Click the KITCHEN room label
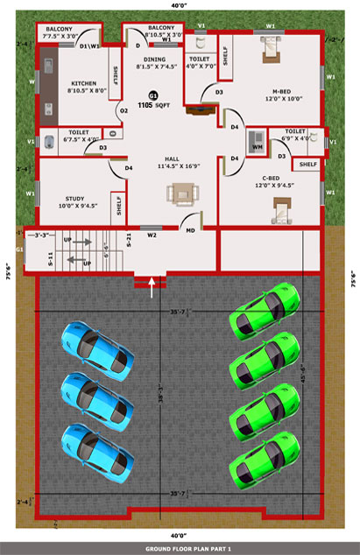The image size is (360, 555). pos(88,84)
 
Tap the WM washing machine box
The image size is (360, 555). pos(257,147)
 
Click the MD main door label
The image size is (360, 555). pos(190,230)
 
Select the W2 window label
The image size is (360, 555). pos(152,235)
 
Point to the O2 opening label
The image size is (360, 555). pos(124,110)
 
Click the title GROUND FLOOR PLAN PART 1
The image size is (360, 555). pos(179,548)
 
